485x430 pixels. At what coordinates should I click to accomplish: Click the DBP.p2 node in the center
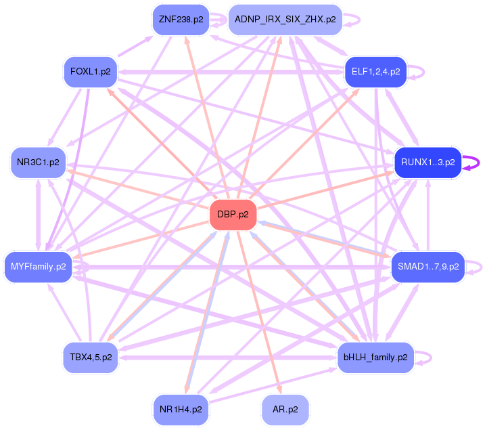coord(233,215)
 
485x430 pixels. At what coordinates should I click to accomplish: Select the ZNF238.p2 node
coord(181,20)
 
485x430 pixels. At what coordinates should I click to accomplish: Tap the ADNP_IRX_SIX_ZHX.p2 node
coord(285,20)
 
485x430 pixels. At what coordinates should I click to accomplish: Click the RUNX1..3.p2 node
coord(428,163)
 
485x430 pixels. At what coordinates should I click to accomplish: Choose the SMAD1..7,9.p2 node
coord(428,267)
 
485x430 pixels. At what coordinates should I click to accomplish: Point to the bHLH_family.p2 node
coord(375,357)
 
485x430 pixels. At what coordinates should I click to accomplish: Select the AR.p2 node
coord(285,410)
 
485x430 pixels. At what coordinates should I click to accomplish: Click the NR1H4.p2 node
coord(181,410)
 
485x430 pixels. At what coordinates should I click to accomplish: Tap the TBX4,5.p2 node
coord(91,357)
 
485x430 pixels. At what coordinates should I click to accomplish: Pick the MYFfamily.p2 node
coord(38,267)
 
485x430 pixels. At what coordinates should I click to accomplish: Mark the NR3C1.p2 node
coord(38,163)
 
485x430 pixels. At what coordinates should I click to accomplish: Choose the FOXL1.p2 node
coord(91,71)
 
